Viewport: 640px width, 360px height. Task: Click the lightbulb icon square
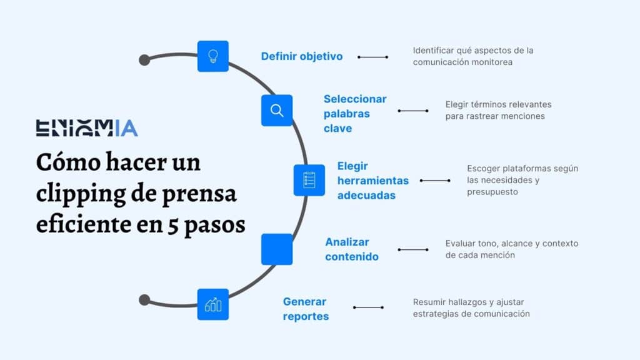[213, 56]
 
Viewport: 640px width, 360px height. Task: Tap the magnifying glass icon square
[277, 111]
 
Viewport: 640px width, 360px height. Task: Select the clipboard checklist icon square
[309, 180]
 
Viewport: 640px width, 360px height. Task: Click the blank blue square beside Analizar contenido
[277, 249]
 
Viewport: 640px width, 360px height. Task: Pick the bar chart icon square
[213, 304]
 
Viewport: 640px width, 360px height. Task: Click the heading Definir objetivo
[302, 56]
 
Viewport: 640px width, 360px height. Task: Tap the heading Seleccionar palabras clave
[355, 113]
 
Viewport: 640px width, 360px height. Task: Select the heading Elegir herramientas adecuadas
[372, 181]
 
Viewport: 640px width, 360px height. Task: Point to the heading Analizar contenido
[352, 249]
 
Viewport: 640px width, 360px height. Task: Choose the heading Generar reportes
[306, 309]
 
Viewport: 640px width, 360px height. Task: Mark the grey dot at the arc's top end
[144, 60]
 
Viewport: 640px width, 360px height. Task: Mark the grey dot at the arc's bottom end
[144, 300]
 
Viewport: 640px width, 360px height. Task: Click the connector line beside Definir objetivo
[373, 57]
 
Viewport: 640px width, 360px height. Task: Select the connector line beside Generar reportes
[368, 307]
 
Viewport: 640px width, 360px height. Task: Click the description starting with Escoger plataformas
[513, 180]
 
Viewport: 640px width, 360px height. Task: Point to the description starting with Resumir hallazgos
[471, 307]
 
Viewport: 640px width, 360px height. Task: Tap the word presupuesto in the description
[492, 192]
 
